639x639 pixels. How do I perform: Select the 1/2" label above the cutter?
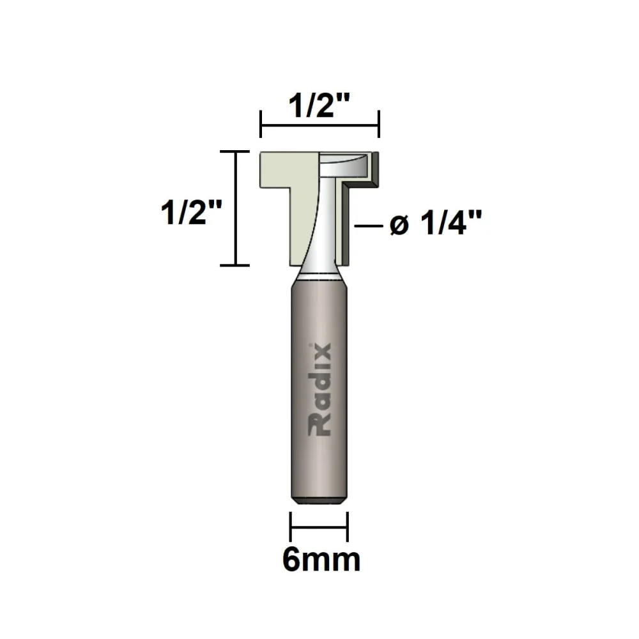point(319,105)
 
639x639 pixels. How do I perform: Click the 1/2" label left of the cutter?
point(191,212)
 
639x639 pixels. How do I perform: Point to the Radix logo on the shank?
point(320,390)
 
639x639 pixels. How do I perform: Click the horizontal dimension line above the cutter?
point(320,125)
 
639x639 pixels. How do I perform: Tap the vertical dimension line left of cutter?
point(235,208)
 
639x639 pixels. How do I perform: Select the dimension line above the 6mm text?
point(319,527)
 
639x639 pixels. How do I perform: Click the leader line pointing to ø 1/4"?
point(369,226)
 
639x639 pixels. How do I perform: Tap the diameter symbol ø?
point(399,226)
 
